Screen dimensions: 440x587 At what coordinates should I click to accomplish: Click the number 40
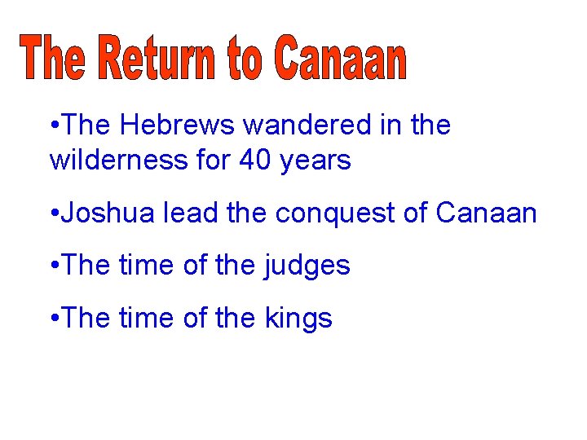[256, 161]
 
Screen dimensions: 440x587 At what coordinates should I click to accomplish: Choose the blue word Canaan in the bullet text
[487, 213]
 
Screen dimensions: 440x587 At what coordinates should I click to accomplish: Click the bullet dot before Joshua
[53, 214]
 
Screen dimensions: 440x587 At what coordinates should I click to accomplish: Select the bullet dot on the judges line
[53, 266]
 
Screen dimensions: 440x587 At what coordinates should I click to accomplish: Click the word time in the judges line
[145, 265]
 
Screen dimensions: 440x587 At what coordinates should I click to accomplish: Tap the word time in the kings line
[145, 318]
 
